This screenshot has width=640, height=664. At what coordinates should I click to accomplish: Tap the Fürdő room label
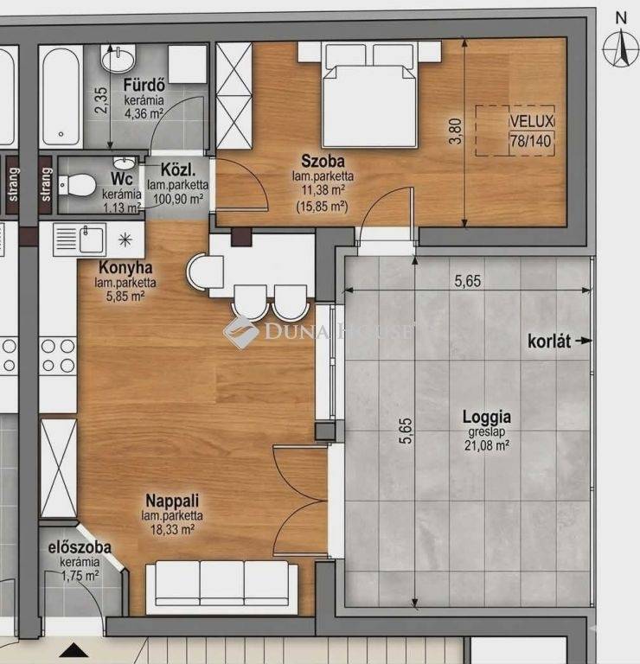coord(144,86)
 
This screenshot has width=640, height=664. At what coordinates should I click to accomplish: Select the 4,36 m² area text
coord(144,114)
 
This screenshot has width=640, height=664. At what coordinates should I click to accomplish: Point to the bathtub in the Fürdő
coord(61,97)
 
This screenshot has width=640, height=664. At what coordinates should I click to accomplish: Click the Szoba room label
coord(323,161)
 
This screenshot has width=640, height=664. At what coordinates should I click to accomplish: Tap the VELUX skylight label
coord(532,122)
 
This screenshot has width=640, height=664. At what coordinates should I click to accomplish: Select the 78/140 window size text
coord(531,140)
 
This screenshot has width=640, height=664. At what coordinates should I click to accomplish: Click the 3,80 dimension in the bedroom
coord(455,131)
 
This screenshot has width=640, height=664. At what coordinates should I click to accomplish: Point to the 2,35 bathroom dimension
coord(101,100)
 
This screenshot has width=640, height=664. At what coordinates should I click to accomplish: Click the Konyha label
coord(125,268)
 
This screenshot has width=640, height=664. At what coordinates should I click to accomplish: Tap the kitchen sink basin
coord(92,240)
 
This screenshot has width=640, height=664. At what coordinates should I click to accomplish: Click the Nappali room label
coord(172,501)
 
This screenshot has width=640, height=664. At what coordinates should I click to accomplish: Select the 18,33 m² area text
coord(172,529)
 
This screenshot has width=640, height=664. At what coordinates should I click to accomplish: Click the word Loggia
coord(487,417)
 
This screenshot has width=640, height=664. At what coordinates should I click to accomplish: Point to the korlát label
coord(549,342)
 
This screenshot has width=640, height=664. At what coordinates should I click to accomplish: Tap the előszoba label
coord(80,547)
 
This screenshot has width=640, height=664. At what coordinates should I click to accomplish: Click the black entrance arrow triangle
coord(74,649)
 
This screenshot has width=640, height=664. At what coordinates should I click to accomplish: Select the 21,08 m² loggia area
coord(487,445)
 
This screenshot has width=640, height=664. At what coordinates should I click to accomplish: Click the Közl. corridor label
coord(178,170)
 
